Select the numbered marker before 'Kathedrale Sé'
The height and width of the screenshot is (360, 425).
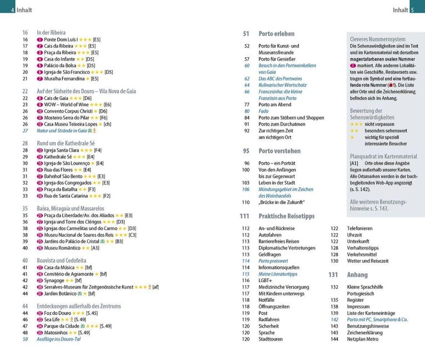(x=39, y=157)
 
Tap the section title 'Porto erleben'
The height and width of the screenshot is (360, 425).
(x=277, y=33)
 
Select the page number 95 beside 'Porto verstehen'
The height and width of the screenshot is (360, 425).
(x=246, y=151)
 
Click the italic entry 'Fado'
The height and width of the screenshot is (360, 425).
(x=264, y=111)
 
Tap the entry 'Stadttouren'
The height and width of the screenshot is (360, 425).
(x=271, y=339)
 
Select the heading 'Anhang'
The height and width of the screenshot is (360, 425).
(x=357, y=274)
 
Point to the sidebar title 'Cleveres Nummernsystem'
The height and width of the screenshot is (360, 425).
(x=378, y=39)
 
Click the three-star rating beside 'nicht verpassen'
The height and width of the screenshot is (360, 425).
(x=356, y=124)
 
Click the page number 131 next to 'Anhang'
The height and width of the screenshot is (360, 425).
(x=333, y=274)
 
